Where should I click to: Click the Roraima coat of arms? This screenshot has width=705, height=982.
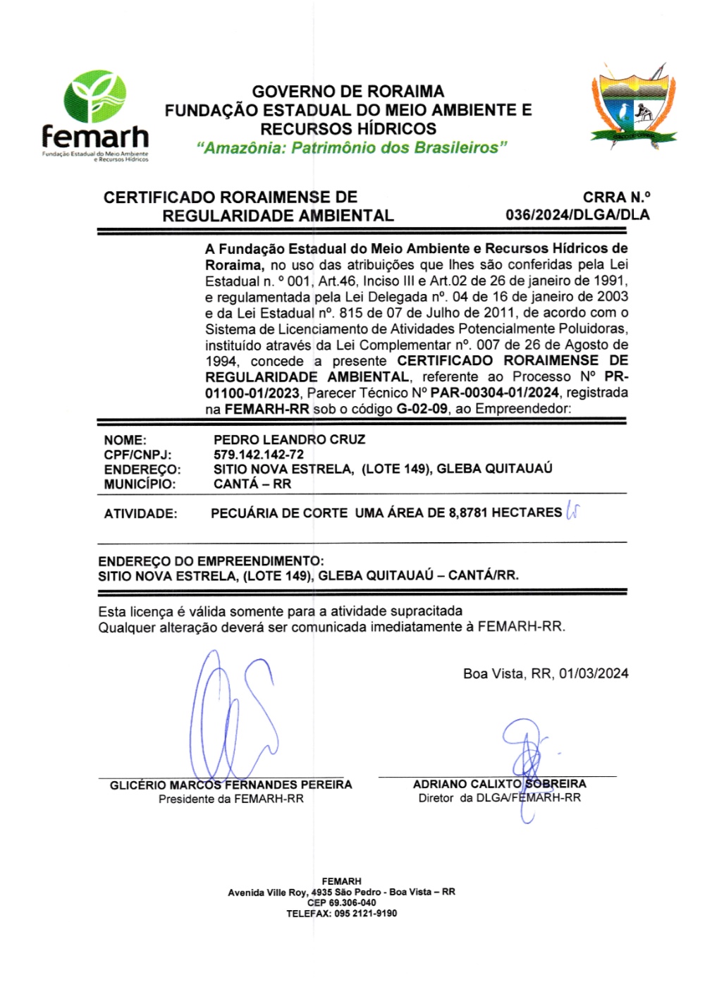632,106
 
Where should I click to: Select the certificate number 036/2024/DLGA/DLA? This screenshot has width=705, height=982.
577,215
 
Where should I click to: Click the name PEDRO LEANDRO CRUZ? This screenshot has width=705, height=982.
289,440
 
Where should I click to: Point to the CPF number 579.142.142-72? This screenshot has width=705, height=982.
259,455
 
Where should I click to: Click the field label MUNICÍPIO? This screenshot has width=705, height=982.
140,484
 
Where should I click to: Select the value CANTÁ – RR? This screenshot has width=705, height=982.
252,484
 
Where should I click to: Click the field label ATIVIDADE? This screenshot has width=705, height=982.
140,514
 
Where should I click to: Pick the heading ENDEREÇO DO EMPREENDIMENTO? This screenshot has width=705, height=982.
211,561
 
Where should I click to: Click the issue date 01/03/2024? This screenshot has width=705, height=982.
594,674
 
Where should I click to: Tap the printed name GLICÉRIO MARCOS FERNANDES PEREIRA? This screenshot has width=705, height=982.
231,785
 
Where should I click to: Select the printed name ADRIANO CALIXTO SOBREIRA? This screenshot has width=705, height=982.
499,784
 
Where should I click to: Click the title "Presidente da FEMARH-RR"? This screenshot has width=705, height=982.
231,799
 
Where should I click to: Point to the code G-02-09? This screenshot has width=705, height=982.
422,409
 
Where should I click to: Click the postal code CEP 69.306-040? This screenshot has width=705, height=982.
341,902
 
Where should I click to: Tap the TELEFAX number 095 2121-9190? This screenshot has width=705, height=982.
364,913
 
